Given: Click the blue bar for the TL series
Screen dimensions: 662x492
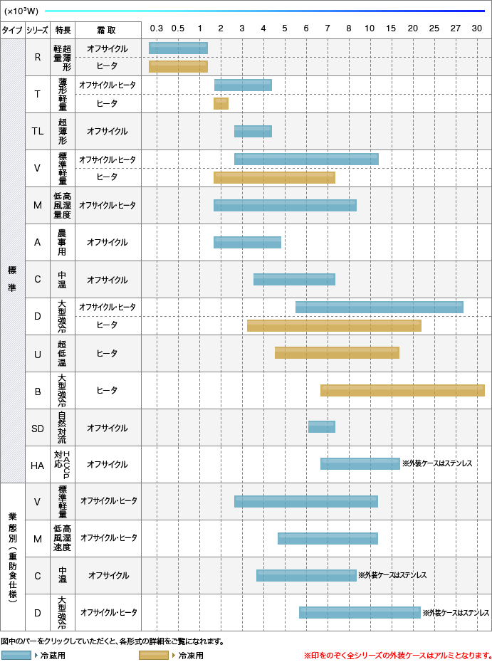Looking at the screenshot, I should point(253,131).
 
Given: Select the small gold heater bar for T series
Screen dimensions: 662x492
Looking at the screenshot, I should point(221,104).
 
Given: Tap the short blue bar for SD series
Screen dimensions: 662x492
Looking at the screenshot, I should point(321,427).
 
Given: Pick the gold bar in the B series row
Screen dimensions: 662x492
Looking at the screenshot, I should point(402,390).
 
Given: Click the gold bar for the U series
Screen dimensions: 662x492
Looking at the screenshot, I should point(337,353).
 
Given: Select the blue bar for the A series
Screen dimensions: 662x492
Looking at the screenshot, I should point(247,242).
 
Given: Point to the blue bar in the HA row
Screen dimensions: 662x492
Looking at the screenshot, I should point(360,464).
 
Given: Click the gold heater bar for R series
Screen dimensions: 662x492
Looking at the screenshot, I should point(178,66).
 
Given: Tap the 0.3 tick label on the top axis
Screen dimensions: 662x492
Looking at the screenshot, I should point(157,28).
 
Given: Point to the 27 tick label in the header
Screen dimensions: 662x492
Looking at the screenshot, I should point(456,28).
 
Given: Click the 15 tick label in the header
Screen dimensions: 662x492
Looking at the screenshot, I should point(391,28).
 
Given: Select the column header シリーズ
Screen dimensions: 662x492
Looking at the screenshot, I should point(37,30).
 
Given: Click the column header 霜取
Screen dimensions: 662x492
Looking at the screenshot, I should point(107,30).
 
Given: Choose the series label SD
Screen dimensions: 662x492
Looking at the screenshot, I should point(37,428).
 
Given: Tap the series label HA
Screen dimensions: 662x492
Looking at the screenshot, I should point(37,465).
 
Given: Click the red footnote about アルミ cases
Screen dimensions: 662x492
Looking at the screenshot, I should point(397,655).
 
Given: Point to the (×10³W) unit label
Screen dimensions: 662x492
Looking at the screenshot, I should point(21,11).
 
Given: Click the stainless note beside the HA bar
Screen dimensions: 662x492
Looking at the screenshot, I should point(436,463).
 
